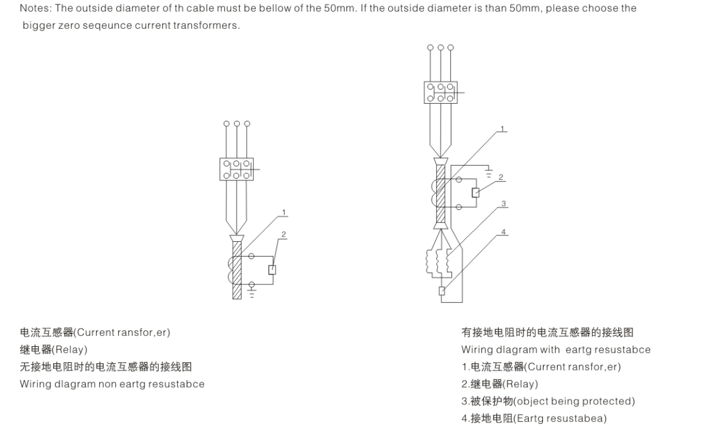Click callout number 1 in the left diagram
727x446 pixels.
[284, 212]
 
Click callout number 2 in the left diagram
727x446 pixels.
[284, 235]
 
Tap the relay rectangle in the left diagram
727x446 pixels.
[272, 269]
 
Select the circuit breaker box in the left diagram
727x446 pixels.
[236, 169]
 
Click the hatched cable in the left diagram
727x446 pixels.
[237, 269]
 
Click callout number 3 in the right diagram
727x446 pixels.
[504, 204]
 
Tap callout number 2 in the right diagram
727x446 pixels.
[501, 177]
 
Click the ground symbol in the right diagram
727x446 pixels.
[489, 173]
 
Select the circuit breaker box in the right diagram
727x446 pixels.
[441, 92]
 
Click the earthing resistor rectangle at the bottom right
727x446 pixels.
[441, 291]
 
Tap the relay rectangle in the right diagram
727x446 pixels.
[475, 193]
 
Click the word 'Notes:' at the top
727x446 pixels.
[35, 8]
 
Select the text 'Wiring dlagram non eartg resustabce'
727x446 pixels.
[112, 384]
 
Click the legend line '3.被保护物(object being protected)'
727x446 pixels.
[548, 401]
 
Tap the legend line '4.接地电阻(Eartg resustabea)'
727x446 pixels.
[534, 418]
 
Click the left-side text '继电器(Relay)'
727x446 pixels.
[54, 349]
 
